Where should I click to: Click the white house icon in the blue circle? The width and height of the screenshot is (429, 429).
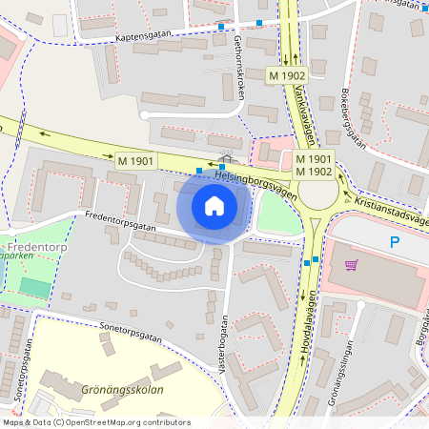point(214,205)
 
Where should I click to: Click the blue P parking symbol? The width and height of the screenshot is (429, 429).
point(394,243)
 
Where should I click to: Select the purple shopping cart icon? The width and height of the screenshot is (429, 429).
point(351,265)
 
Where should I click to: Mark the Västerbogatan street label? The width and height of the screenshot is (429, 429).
point(226,342)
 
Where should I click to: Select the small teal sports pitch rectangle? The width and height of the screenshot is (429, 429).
point(35,287)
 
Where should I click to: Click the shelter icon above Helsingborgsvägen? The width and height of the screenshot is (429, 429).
point(226,154)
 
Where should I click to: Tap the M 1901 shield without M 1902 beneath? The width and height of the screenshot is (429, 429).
point(135,163)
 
